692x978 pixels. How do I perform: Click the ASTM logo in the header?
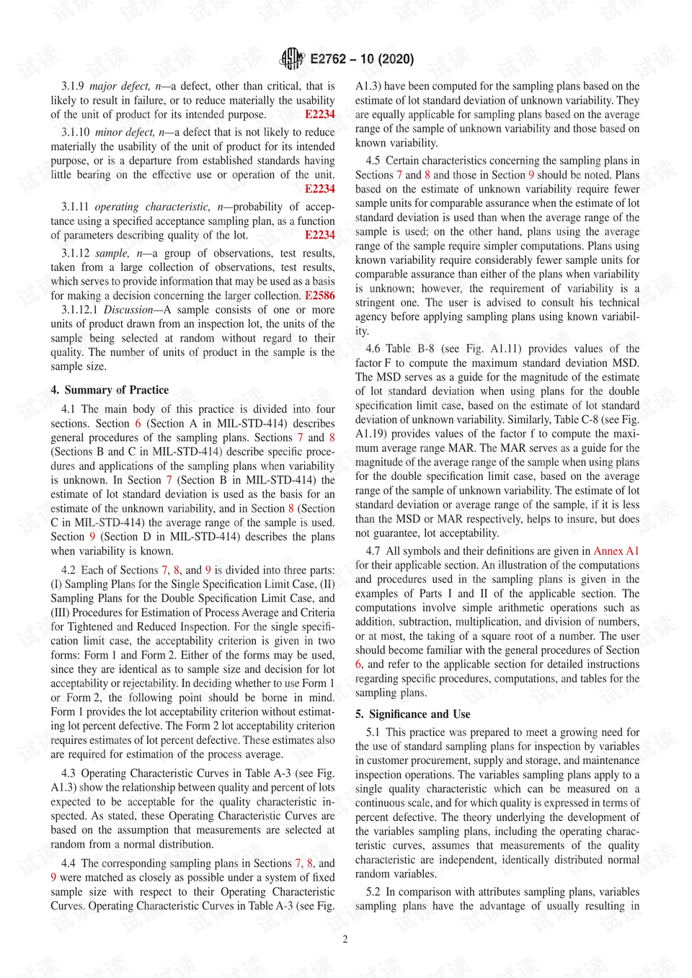(291, 58)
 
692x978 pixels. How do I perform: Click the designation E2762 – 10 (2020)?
(362, 59)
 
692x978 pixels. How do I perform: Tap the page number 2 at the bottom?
(345, 939)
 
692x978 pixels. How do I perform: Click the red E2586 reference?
(319, 295)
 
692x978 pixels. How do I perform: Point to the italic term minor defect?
(125, 133)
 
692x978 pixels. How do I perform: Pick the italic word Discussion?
(128, 310)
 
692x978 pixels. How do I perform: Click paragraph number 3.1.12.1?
(79, 310)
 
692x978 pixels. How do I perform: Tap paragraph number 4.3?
(68, 773)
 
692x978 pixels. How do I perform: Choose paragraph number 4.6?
(373, 349)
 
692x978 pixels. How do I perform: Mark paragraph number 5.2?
(373, 892)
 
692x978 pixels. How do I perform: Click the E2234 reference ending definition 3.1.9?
(319, 115)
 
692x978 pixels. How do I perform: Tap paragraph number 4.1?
(68, 409)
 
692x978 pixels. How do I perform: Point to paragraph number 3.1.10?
(76, 133)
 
